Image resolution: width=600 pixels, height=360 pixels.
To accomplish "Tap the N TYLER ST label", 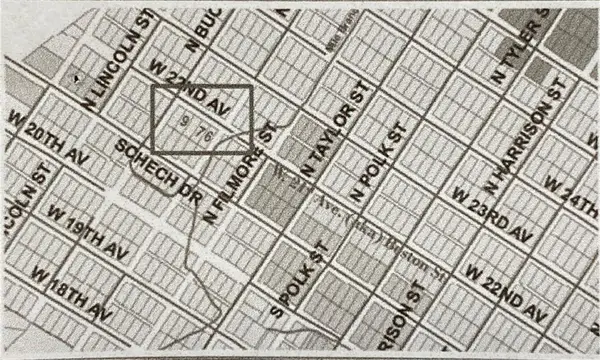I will pos(517,47).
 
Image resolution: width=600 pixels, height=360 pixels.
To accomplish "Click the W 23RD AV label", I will pos(489,212).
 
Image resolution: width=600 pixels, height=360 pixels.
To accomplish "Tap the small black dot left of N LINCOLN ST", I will pos(78,76).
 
